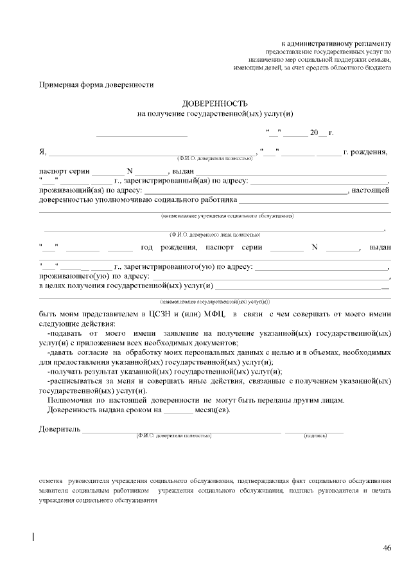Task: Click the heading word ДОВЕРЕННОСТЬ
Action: [215, 104]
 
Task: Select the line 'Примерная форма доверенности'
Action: [96, 84]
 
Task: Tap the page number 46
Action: [387, 548]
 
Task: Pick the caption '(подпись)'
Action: [315, 436]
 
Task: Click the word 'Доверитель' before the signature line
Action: [60, 429]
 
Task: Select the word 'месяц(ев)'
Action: [213, 410]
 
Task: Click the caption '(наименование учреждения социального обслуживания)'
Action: [227, 215]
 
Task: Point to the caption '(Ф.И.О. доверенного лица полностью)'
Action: [214, 235]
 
